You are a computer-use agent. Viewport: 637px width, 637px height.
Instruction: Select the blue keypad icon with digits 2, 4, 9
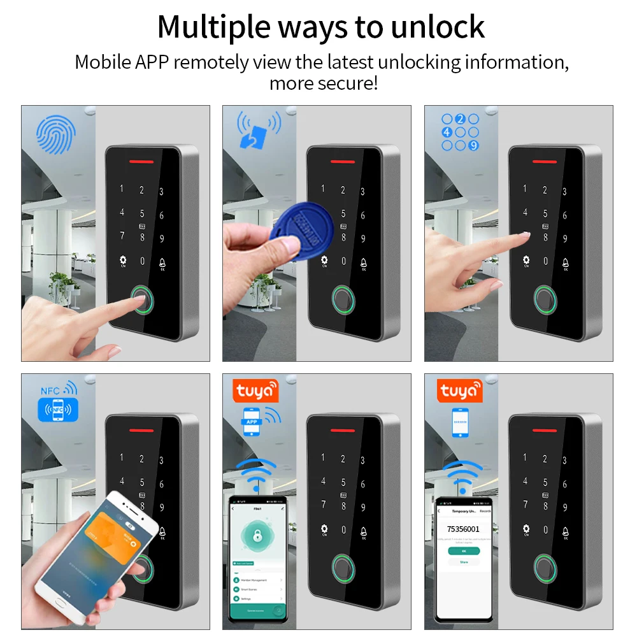(x=460, y=132)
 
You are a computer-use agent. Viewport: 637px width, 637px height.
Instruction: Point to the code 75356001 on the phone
(x=464, y=529)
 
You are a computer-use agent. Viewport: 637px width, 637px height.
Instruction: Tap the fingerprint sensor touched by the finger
(x=142, y=299)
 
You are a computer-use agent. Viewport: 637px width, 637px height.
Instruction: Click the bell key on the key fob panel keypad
(x=364, y=262)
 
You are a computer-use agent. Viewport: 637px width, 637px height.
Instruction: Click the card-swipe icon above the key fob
(x=257, y=130)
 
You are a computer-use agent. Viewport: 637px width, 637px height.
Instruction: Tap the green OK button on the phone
(x=463, y=550)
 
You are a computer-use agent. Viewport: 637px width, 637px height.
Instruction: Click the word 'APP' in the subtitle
(x=152, y=62)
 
